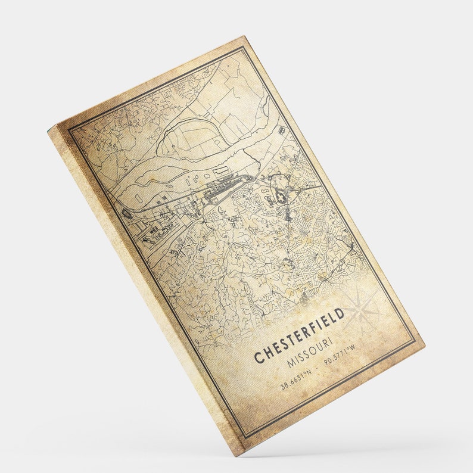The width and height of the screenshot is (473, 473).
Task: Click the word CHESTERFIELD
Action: (x=299, y=336)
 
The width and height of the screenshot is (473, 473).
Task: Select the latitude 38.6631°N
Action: (x=295, y=379)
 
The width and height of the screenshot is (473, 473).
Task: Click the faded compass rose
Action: (x=361, y=310)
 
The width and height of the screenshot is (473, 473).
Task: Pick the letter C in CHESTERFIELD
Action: (x=259, y=357)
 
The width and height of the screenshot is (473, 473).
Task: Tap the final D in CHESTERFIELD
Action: (x=340, y=314)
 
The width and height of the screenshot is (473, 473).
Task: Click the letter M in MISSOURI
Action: (x=290, y=364)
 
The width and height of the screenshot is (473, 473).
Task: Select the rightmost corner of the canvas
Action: (x=425, y=344)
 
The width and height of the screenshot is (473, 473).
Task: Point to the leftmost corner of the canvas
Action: (x=49, y=129)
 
